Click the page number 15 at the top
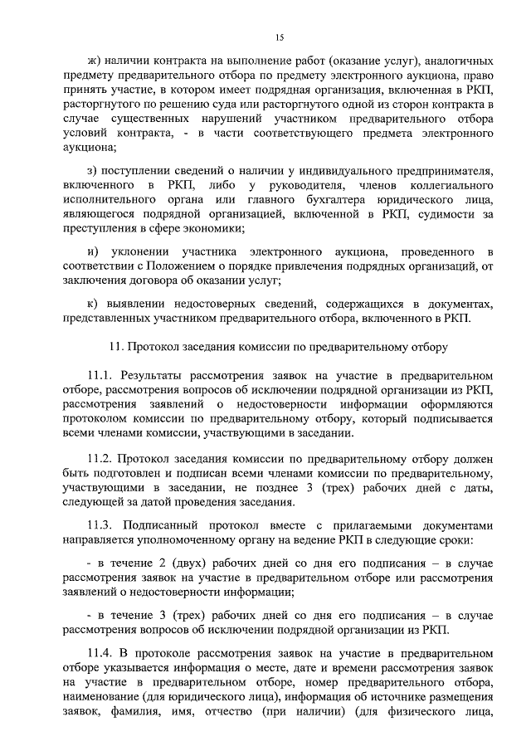[x=280, y=36]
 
